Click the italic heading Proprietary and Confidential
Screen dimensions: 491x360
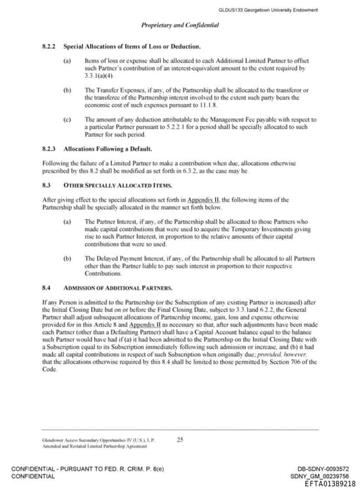tap(180, 25)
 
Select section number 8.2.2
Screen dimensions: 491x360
tap(49, 46)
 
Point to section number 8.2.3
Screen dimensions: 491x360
tap(49, 150)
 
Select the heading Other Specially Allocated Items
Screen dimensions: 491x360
tap(117, 184)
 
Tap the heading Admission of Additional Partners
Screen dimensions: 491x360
tap(117, 288)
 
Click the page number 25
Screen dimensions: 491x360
tap(180, 439)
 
